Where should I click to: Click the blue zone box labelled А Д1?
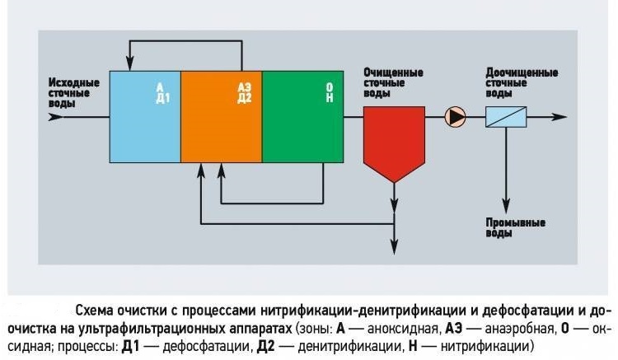[x=145, y=117]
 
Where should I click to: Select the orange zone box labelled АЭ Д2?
[x=222, y=117]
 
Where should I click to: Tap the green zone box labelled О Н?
[x=302, y=117]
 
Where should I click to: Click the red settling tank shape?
[x=394, y=142]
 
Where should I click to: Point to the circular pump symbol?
[x=455, y=117]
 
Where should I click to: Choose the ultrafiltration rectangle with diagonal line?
[x=506, y=117]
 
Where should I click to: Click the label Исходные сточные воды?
[x=74, y=93]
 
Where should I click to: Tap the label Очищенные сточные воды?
[x=393, y=83]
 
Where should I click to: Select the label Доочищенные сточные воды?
[x=522, y=83]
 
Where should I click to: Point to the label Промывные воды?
[x=516, y=228]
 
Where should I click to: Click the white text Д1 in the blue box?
[x=163, y=98]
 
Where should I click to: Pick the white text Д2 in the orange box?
[x=245, y=98]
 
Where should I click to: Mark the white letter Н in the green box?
[x=330, y=98]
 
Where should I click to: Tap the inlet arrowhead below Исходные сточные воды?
[x=55, y=117]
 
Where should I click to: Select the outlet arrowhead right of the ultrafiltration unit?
[x=559, y=117]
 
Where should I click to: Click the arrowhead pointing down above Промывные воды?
[x=506, y=207]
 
